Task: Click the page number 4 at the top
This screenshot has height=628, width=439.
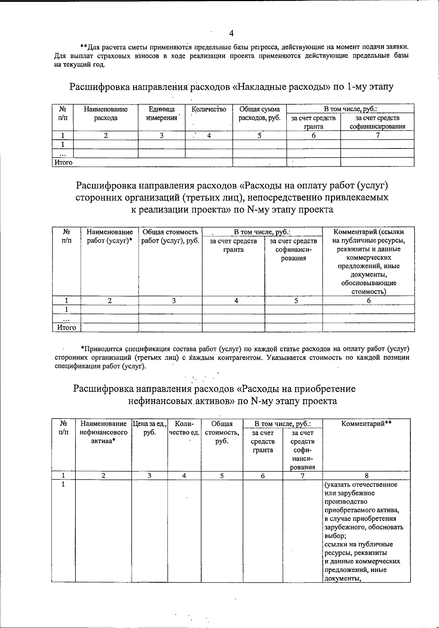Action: (x=231, y=33)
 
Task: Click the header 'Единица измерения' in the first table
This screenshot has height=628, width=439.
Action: (x=161, y=113)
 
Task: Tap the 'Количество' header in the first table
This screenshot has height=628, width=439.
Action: (x=209, y=109)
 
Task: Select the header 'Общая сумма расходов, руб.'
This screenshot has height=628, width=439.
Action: (x=259, y=113)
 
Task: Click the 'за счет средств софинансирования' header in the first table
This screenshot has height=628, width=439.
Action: (x=377, y=122)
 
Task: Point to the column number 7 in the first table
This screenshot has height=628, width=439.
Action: (x=378, y=135)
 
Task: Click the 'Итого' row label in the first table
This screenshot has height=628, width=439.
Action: (x=64, y=162)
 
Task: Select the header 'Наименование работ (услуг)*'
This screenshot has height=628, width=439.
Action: (x=109, y=236)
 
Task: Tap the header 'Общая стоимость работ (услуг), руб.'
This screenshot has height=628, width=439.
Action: (x=170, y=236)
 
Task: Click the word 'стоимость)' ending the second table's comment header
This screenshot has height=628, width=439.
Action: (x=369, y=292)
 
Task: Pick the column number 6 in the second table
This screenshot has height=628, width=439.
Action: (x=369, y=301)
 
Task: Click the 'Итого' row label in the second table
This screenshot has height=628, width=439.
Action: (x=67, y=328)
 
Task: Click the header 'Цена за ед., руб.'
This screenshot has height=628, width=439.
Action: (x=150, y=428)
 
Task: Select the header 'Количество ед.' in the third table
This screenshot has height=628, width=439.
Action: (x=184, y=428)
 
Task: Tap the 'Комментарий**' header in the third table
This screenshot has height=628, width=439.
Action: (x=367, y=424)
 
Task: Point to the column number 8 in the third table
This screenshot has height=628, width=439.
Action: (x=367, y=475)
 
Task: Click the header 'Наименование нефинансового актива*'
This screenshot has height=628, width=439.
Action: (x=103, y=432)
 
